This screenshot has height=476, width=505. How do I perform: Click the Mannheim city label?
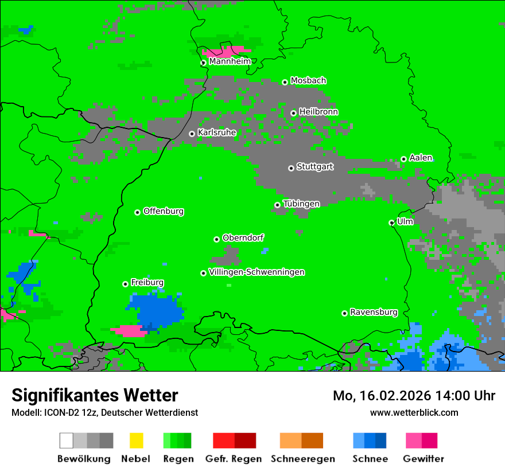coord(230,61)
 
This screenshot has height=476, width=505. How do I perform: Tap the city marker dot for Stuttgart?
coord(291,168)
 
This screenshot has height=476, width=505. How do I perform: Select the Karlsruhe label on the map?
coord(216,132)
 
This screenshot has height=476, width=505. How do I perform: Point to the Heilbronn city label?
coord(318,112)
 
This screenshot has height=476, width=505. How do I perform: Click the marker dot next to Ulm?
coord(392,223)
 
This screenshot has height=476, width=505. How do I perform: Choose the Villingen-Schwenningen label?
coord(257,272)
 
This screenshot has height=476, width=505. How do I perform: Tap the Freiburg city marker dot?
coord(125,284)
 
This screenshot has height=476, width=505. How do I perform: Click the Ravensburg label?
coord(374,313)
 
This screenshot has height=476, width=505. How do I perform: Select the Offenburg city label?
coord(163,211)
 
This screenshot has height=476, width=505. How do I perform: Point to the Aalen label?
coord(421,158)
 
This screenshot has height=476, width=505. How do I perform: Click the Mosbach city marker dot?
coord(285,82)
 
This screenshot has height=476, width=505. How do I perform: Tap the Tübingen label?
coord(301,204)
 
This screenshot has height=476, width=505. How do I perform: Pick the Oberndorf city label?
coord(243,238)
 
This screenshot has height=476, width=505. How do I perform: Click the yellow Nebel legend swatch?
coord(136,440)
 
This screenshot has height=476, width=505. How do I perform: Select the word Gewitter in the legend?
coord(423,459)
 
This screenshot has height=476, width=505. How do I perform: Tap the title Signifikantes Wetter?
coord(95,395)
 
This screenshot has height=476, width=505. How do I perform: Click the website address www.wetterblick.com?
coord(414,412)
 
